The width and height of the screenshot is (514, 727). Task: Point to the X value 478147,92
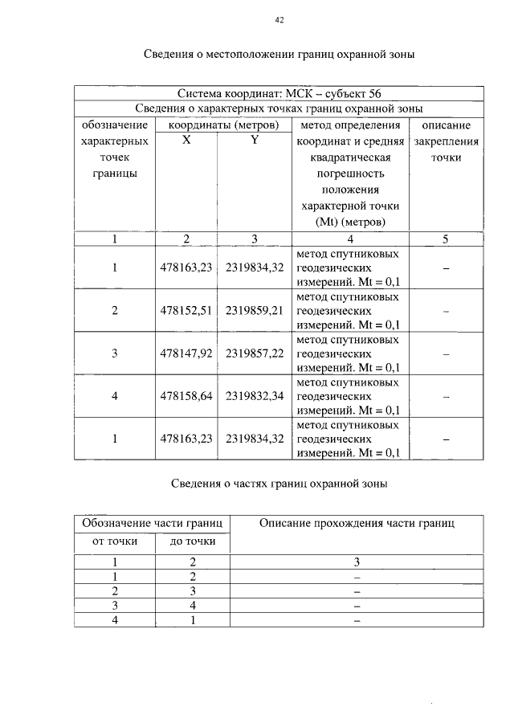[186, 353]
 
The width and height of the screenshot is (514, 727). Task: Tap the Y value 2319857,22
[255, 353]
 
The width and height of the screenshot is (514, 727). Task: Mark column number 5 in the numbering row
[446, 239]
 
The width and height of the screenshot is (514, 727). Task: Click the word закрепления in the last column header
[446, 141]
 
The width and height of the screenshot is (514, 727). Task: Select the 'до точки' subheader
[193, 541]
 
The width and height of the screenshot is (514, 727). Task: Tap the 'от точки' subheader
[115, 541]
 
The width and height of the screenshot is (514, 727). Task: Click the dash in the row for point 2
[446, 310]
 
